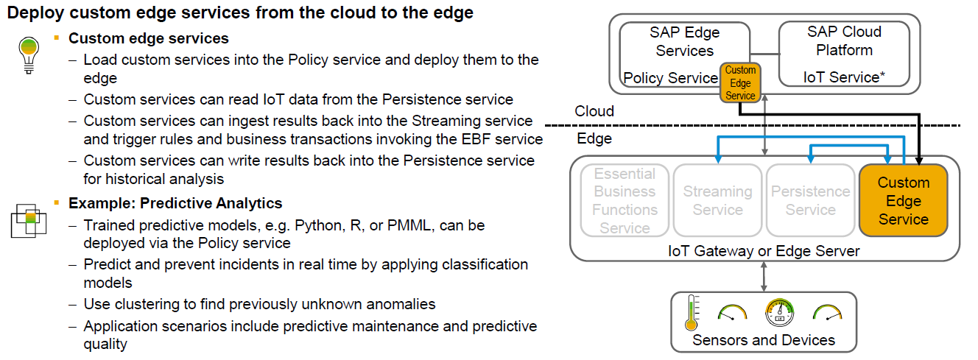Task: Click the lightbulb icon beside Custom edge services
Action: pyautogui.click(x=28, y=54)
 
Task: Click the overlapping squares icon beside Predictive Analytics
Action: pyautogui.click(x=28, y=218)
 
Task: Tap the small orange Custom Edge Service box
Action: pyautogui.click(x=740, y=83)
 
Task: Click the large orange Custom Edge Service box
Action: pyautogui.click(x=904, y=201)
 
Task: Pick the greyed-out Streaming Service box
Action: pyautogui.click(x=717, y=201)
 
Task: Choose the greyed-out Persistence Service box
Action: pyautogui.click(x=810, y=201)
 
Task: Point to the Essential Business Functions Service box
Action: pyautogui.click(x=625, y=201)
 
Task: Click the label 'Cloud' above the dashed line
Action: pyautogui.click(x=594, y=111)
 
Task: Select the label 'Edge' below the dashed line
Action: pyautogui.click(x=594, y=138)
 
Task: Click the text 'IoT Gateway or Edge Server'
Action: pyautogui.click(x=764, y=251)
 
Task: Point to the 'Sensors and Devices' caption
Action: pyautogui.click(x=764, y=340)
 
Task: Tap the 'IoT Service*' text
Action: pyautogui.click(x=844, y=77)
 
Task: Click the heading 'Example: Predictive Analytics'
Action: pyautogui.click(x=175, y=203)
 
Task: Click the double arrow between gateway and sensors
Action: pyautogui.click(x=764, y=276)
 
